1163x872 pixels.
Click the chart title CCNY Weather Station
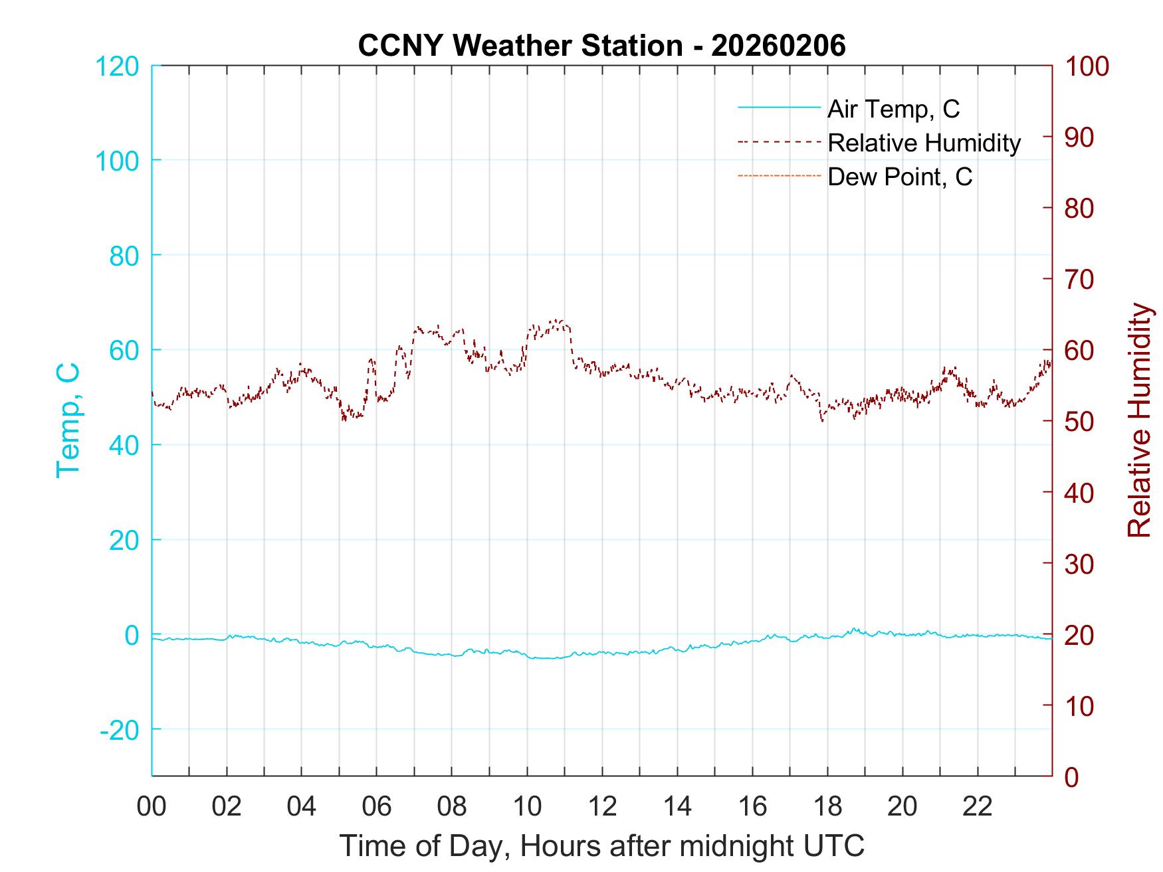click(601, 46)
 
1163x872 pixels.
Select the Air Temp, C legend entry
click(893, 108)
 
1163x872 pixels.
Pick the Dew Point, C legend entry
click(900, 177)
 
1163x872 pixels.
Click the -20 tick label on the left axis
click(120, 730)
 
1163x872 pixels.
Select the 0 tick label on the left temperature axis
click(132, 635)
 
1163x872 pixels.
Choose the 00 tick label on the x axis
click(152, 807)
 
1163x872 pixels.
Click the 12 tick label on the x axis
click(602, 807)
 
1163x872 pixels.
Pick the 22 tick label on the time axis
click(978, 807)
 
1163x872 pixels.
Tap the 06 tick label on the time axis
click(377, 807)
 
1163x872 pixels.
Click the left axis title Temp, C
click(68, 420)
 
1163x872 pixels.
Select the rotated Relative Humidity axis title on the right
click(1139, 420)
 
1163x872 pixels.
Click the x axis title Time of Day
click(601, 846)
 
